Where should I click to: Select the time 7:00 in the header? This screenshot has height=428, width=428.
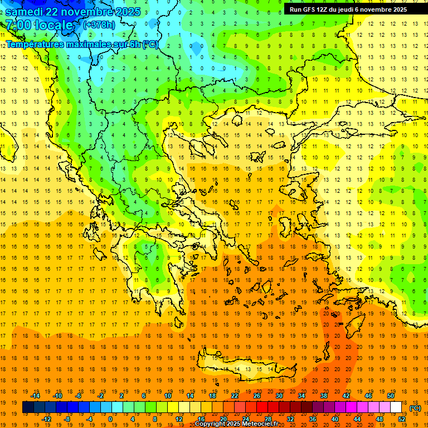pyautogui.click(x=18, y=25)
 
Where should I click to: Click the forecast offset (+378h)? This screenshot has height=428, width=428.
pyautogui.click(x=99, y=25)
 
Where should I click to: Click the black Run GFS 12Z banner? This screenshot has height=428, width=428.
pyautogui.click(x=348, y=9)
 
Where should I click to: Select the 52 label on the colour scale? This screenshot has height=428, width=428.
pyautogui.click(x=402, y=419)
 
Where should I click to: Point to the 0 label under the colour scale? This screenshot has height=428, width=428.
pyautogui.click(x=110, y=419)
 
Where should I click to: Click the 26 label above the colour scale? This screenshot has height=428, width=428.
pyautogui.click(x=257, y=396)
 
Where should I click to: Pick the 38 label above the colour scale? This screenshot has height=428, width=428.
pyautogui.click(x=323, y=396)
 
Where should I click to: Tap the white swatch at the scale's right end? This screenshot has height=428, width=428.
pyautogui.click(x=396, y=407)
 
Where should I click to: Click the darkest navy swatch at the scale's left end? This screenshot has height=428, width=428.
pyautogui.click(x=28, y=407)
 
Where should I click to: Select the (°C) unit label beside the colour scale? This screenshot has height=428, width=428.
pyautogui.click(x=416, y=408)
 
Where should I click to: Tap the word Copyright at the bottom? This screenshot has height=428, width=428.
pyautogui.click(x=211, y=424)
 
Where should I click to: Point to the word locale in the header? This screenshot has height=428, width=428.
pyautogui.click(x=53, y=25)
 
